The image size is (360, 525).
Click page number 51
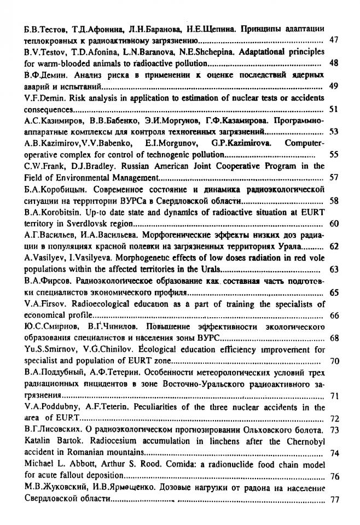pyautogui.click(x=334, y=109)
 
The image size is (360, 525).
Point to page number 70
pyautogui.click(x=334, y=361)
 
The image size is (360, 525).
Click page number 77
pyautogui.click(x=335, y=499)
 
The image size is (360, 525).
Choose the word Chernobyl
pyautogui.click(x=306, y=442)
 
